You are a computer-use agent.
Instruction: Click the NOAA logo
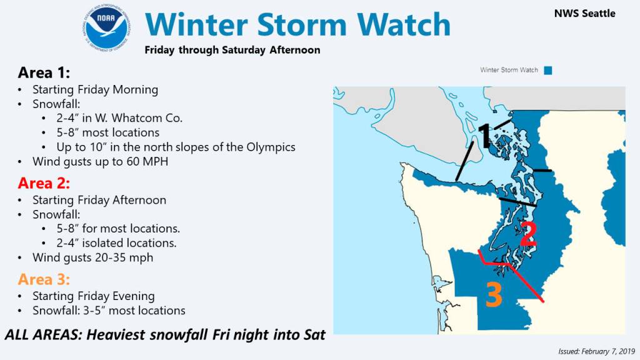[106, 29]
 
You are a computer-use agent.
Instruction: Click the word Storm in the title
[302, 24]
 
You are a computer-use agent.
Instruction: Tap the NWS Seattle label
[584, 14]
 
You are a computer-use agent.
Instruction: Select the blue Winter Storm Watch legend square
[548, 70]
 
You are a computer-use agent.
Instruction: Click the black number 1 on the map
[484, 136]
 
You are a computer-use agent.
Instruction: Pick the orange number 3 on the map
[494, 295]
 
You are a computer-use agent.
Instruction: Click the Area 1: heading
[44, 72]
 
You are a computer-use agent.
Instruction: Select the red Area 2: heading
[44, 183]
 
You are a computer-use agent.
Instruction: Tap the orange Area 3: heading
[44, 279]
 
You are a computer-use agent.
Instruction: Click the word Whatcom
[136, 118]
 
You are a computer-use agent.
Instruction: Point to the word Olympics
[271, 147]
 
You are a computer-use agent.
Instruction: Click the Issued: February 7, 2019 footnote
[596, 351]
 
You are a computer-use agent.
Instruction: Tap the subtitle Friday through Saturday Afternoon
[232, 50]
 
